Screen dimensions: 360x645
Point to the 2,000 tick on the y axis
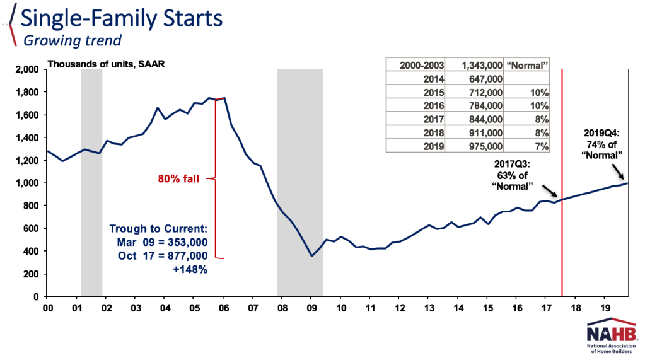(x=26, y=69)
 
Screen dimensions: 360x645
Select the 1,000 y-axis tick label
(x=26, y=183)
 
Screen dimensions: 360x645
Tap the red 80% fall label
(x=179, y=179)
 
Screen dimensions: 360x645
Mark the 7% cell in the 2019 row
(x=540, y=146)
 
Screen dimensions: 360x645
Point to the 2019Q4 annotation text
(x=602, y=143)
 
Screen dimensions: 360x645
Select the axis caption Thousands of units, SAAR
(x=105, y=64)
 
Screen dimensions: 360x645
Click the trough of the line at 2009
(x=311, y=256)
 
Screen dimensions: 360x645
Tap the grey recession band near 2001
(x=91, y=183)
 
